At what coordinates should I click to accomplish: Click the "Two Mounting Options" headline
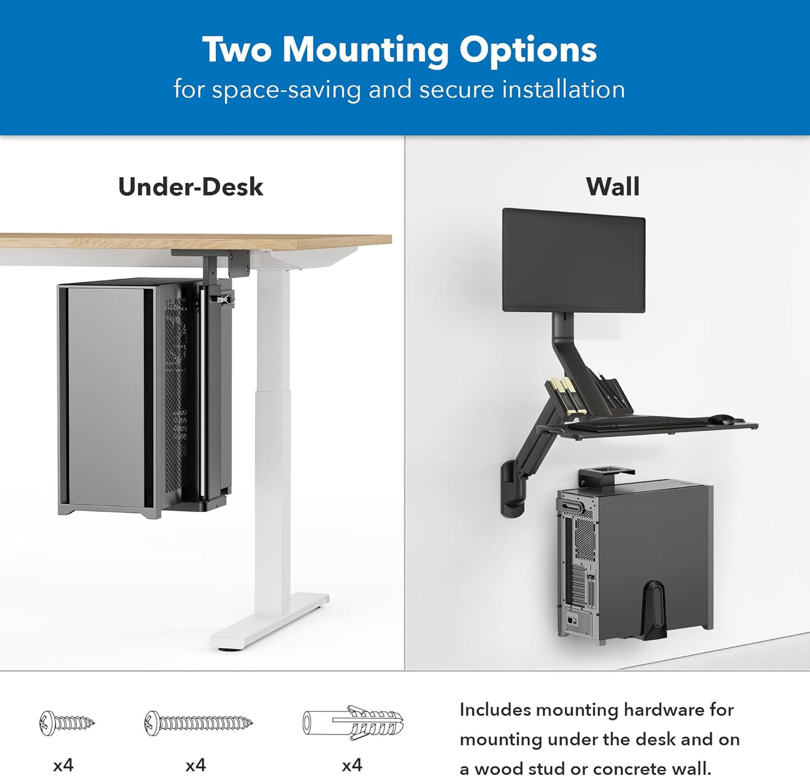[x=399, y=49]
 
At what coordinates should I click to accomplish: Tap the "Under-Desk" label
[x=190, y=187]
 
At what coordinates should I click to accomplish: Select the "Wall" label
[x=612, y=187]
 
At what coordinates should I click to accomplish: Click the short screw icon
[x=67, y=723]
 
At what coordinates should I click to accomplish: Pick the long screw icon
[x=198, y=723]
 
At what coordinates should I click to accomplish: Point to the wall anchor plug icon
[x=353, y=723]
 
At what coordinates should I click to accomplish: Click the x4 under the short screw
[x=63, y=765]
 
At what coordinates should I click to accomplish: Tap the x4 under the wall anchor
[x=352, y=765]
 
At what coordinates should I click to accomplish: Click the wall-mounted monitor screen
[x=573, y=260]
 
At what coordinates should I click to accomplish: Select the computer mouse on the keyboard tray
[x=721, y=419]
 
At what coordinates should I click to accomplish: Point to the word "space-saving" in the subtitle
[x=286, y=90]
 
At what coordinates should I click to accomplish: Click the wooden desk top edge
[x=196, y=241]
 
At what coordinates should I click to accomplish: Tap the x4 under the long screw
[x=196, y=765]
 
